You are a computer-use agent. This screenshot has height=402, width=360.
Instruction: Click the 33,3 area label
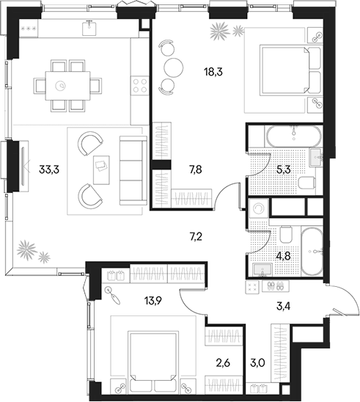coord(49,169)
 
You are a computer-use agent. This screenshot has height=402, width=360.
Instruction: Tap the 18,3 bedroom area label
coord(213,72)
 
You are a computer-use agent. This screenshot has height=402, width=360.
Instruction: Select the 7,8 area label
coord(196,169)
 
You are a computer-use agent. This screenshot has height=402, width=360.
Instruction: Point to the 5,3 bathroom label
coord(284,169)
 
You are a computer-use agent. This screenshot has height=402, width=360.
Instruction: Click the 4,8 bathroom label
coord(284,256)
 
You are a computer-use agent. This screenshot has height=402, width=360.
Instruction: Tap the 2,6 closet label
coord(223,363)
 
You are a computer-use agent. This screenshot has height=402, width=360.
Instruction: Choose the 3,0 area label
coord(258,363)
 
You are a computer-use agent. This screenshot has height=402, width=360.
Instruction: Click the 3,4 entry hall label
coord(284,306)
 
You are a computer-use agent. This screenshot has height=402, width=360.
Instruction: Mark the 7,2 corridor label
coord(196,236)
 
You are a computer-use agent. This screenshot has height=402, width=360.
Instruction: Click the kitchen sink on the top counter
coord(89,28)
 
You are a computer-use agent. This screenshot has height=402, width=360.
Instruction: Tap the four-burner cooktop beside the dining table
coord(140,86)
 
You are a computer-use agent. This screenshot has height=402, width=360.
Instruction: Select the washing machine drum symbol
coord(258,208)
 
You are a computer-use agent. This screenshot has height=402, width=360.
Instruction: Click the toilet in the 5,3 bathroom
coord(306,183)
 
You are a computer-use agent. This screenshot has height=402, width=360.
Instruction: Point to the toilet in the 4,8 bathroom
coord(286,234)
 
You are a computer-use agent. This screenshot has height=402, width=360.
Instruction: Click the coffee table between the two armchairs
coord(101,169)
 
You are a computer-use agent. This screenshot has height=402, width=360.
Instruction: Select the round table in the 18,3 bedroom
coord(174,67)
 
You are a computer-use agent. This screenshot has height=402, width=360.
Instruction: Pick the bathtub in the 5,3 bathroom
coord(293,136)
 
